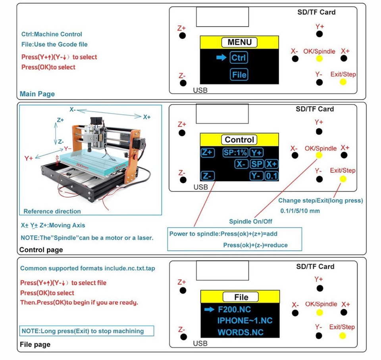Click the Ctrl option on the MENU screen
tap(239, 58)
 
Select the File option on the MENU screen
tap(239, 75)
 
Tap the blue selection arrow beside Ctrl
tap(221, 58)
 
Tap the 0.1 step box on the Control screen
tap(271, 176)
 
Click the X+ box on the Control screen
tap(271, 164)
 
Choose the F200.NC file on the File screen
tap(235, 309)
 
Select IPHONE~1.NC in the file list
tap(245, 320)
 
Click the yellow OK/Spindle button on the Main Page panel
tap(319, 59)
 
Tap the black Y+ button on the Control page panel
tap(319, 131)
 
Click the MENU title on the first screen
tap(239, 42)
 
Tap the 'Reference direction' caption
tap(52, 211)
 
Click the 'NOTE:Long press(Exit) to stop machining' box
tap(87, 331)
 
